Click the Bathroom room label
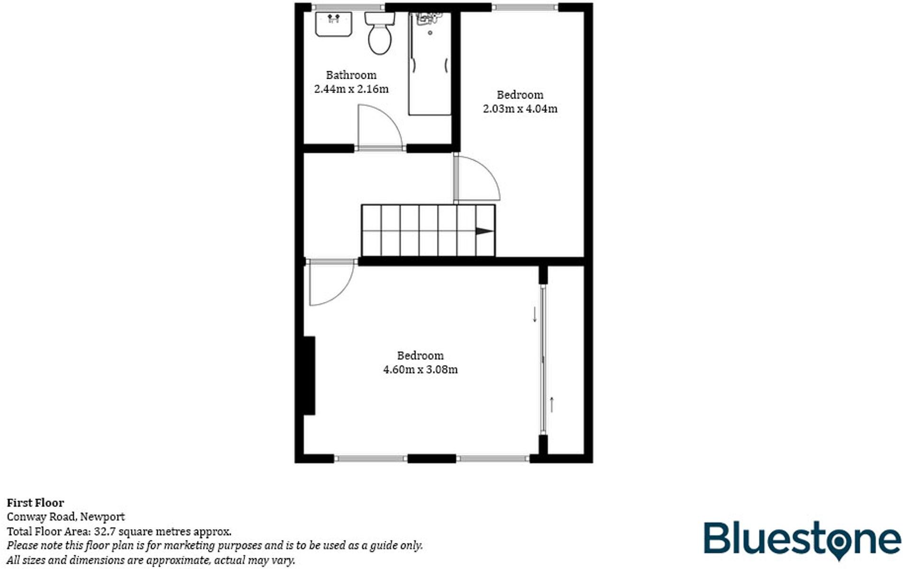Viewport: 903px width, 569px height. (351, 75)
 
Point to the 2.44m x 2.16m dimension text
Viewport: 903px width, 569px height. (351, 89)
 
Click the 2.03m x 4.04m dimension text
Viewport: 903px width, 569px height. (520, 109)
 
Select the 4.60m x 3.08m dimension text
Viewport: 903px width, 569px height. (420, 369)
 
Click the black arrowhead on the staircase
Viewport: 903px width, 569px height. (484, 231)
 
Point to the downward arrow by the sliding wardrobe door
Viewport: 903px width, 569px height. (535, 314)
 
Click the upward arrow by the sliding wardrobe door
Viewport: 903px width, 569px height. (551, 404)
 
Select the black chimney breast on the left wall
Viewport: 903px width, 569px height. (309, 376)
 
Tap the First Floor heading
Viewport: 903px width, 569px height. (36, 503)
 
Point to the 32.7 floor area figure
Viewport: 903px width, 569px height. (103, 532)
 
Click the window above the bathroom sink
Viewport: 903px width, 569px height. (347, 7)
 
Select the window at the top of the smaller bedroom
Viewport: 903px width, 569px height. (525, 7)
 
